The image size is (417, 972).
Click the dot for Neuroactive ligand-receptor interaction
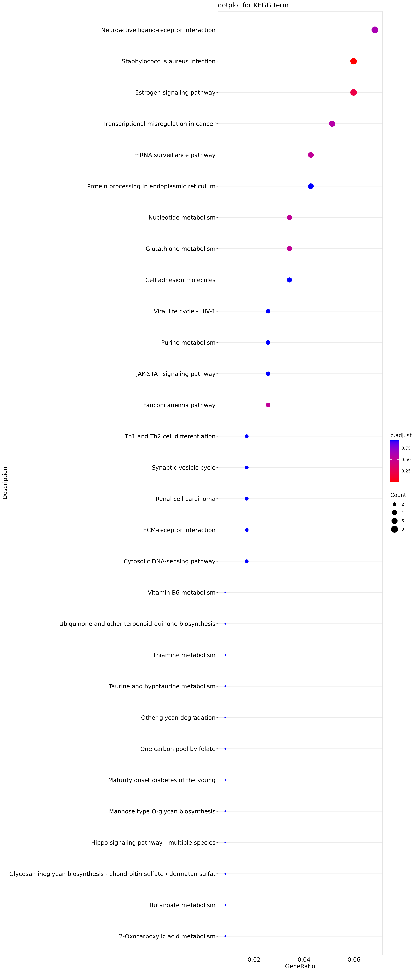375,30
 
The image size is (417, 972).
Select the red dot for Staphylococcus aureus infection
354,61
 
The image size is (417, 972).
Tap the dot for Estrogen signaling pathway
354,92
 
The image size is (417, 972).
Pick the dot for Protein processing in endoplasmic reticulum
311,186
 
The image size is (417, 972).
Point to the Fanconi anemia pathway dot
268,405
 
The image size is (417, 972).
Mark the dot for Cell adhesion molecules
289,280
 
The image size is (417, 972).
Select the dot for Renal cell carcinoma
247,499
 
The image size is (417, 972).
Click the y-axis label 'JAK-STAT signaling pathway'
176,374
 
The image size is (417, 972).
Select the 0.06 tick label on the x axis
354,960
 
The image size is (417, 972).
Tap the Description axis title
5,483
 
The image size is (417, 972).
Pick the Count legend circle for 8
394,529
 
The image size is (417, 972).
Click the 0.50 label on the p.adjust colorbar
406,460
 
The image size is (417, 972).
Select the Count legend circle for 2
394,504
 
